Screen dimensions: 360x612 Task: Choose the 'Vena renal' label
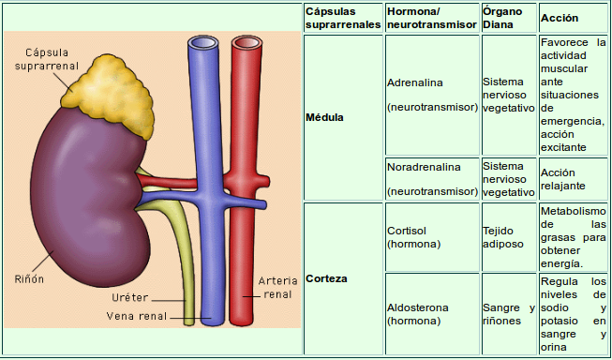[x=136, y=316]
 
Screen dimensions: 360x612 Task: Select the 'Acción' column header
[x=560, y=18]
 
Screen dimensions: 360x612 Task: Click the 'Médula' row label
[x=324, y=118]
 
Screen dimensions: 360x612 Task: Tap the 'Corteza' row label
[x=326, y=279]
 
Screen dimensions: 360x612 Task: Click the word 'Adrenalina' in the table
[x=414, y=82]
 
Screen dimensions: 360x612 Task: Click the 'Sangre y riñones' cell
[x=508, y=314]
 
